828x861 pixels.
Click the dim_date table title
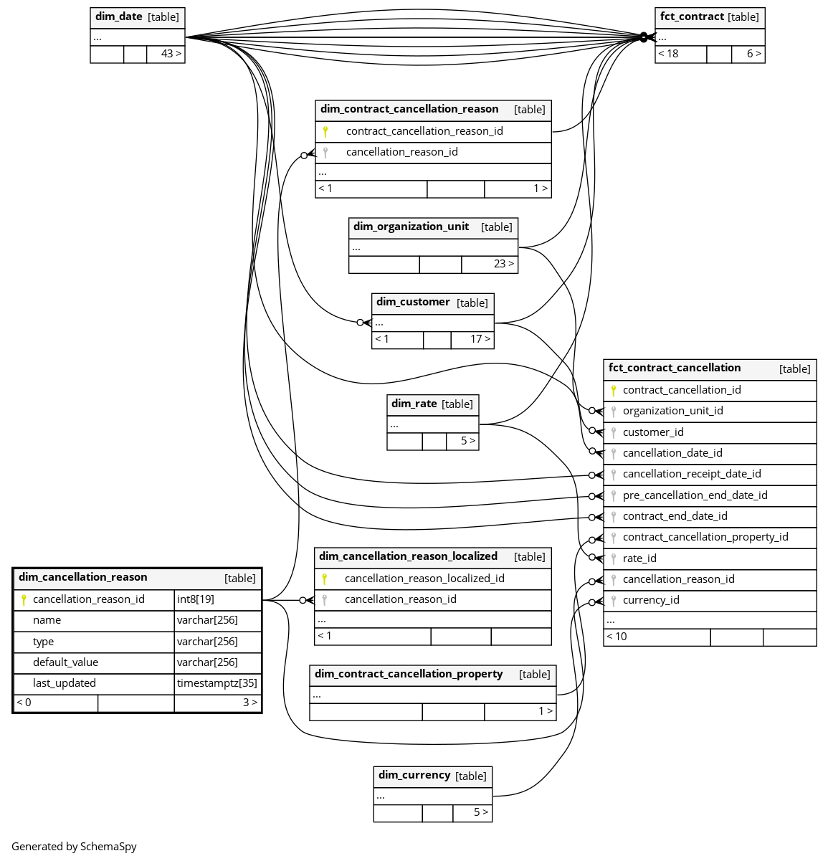[x=119, y=16]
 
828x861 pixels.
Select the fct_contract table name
[x=692, y=16]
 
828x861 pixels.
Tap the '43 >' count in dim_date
[x=171, y=54]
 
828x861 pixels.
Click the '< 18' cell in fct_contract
[x=669, y=54]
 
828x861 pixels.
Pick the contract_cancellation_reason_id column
[x=424, y=131]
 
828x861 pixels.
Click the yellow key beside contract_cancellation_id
[x=613, y=390]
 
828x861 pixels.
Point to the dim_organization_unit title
[x=411, y=227]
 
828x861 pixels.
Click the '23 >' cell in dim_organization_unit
[x=503, y=264]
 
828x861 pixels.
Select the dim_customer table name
[x=413, y=302]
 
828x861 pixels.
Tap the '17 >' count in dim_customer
[x=480, y=339]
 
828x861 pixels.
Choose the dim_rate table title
[x=414, y=404]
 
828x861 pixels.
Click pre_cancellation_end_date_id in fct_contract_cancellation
[x=695, y=495]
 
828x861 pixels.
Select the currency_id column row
[x=651, y=600]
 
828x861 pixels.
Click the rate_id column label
[x=639, y=558]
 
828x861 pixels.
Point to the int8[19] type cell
[x=196, y=599]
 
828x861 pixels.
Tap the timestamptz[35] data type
[x=216, y=683]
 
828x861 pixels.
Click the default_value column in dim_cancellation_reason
[x=65, y=662]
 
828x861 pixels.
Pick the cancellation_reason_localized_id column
[x=424, y=579]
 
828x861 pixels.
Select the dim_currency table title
[x=414, y=775]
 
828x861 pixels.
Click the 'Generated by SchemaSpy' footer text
[x=74, y=847]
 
